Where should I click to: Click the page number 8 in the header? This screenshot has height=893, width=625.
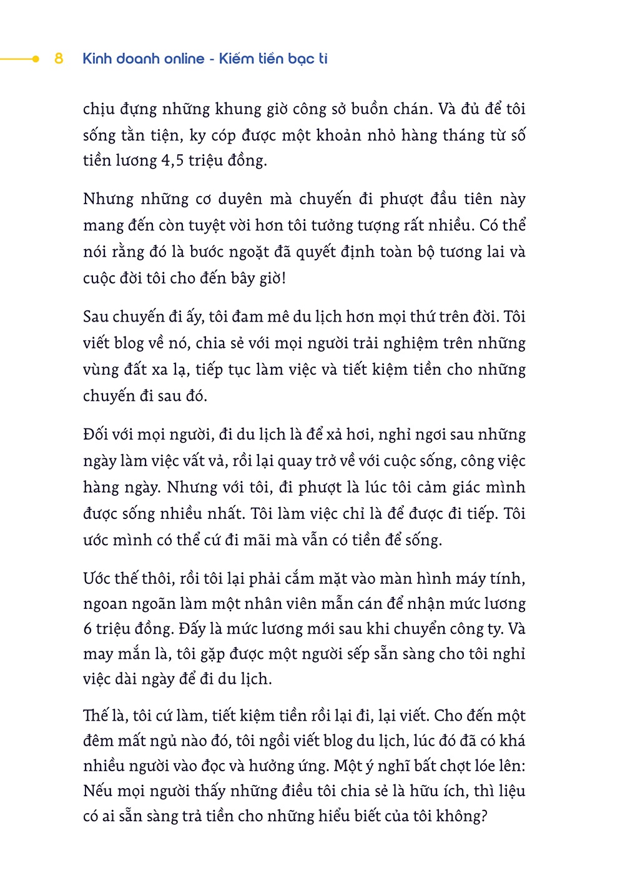pyautogui.click(x=59, y=59)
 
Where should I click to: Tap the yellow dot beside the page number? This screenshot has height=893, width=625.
pyautogui.click(x=36, y=59)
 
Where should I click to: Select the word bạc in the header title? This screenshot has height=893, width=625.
pyautogui.click(x=302, y=59)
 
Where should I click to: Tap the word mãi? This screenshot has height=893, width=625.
pyautogui.click(x=257, y=540)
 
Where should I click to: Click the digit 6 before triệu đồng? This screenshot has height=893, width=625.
pyautogui.click(x=87, y=629)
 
